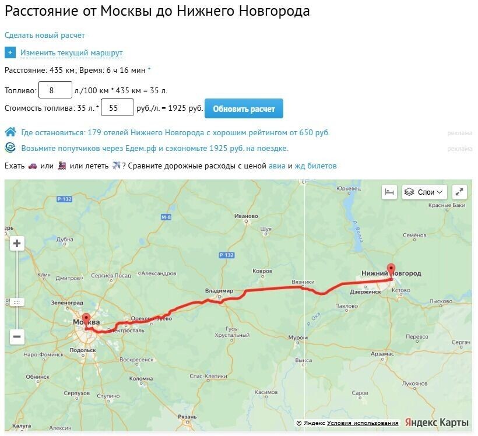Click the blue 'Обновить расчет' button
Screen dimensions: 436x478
click(x=244, y=108)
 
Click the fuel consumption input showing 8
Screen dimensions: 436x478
click(x=55, y=90)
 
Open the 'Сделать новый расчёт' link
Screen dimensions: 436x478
click(x=45, y=36)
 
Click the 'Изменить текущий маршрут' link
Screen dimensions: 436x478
click(x=71, y=53)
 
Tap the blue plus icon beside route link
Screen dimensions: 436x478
click(x=10, y=52)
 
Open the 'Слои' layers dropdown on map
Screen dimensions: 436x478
click(x=424, y=192)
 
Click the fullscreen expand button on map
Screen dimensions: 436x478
click(x=459, y=192)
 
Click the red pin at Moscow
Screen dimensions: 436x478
click(x=86, y=320)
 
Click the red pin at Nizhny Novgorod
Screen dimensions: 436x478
click(x=391, y=270)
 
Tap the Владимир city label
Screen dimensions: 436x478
click(x=219, y=290)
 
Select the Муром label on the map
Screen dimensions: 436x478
click(x=298, y=337)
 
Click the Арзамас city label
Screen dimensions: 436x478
click(x=382, y=354)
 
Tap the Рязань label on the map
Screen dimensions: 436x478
click(x=187, y=417)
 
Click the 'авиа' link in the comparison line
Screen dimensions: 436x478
click(x=277, y=166)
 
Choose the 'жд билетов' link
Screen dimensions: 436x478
click(x=315, y=166)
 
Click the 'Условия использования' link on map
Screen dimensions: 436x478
click(x=363, y=423)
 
